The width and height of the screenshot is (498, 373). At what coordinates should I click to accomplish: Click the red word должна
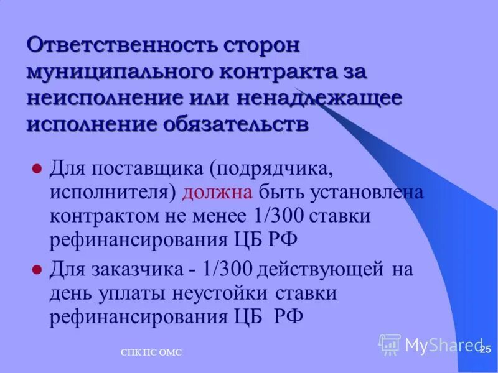tap(217, 192)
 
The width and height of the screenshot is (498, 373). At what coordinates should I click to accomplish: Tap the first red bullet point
tap(36, 168)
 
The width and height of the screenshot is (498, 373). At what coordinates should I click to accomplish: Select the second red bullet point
tap(36, 270)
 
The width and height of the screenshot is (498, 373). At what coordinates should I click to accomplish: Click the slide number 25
tap(486, 349)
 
